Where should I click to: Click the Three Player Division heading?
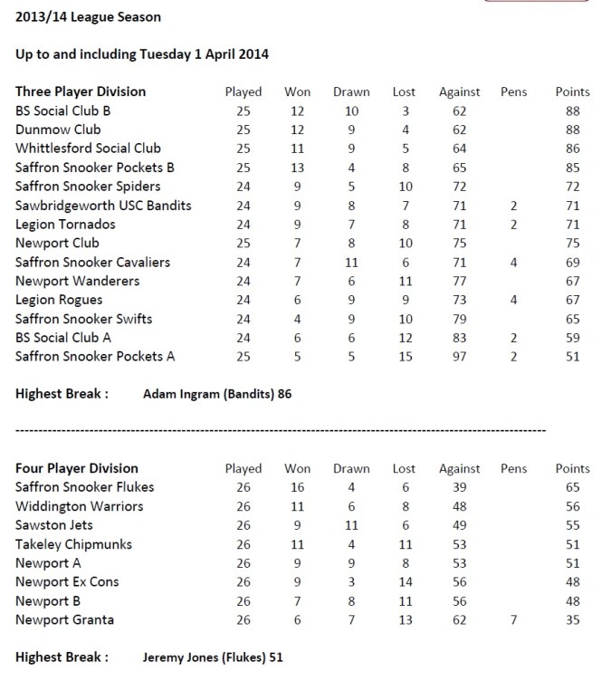click(x=81, y=91)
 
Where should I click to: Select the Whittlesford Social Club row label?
click(x=88, y=149)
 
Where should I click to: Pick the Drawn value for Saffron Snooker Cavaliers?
click(x=351, y=263)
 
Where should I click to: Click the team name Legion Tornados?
click(x=67, y=225)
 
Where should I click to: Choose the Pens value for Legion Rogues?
click(x=513, y=300)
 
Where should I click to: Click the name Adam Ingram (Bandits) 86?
click(x=217, y=394)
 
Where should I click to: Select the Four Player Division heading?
click(x=77, y=468)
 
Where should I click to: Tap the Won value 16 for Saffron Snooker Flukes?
click(x=297, y=487)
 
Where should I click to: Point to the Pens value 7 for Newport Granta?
click(x=513, y=619)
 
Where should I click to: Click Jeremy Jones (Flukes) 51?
click(x=218, y=657)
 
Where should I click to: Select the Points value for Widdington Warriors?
click(x=571, y=506)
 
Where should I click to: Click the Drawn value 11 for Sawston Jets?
click(x=351, y=525)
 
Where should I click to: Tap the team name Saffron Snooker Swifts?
click(x=83, y=319)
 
